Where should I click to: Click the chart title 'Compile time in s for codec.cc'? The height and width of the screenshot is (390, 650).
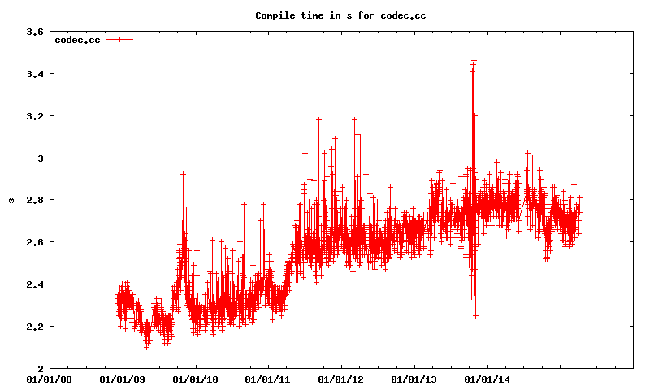[x=340, y=15]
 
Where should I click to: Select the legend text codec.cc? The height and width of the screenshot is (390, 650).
[x=78, y=40]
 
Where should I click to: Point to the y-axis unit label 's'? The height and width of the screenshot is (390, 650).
[x=11, y=200]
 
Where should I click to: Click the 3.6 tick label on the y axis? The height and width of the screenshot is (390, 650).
[x=35, y=32]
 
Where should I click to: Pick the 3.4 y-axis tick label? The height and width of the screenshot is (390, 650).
[x=35, y=74]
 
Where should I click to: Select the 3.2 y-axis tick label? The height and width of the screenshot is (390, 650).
[x=35, y=116]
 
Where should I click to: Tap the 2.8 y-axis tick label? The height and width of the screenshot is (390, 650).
[x=35, y=200]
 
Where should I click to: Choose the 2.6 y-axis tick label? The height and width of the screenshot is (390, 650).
[x=35, y=242]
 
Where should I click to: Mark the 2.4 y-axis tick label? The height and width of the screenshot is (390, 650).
[x=35, y=284]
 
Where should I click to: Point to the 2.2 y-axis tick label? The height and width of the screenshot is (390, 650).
[x=35, y=326]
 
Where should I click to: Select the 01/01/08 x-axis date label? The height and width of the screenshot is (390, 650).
[x=50, y=379]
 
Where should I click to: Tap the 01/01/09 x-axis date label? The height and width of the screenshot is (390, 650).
[x=123, y=379]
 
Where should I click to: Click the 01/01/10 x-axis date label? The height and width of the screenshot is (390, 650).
[x=196, y=379]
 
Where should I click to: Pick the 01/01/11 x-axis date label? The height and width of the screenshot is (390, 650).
[x=268, y=379]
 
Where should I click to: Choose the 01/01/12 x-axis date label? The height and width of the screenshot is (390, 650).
[x=341, y=379]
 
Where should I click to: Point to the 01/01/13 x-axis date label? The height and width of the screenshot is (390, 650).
[x=414, y=379]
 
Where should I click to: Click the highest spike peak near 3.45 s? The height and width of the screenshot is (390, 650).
[x=474, y=61]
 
